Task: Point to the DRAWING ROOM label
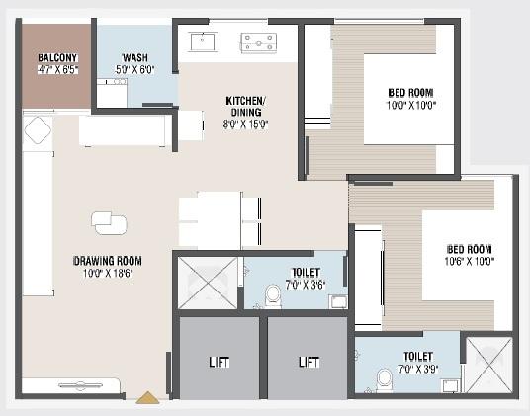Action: pos(108,261)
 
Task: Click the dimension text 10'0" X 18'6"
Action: pos(108,274)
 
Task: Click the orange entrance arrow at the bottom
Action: pos(147,397)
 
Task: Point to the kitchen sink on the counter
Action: pos(206,42)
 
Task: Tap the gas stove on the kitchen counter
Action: pos(258,42)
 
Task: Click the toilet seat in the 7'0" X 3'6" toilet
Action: pos(273,295)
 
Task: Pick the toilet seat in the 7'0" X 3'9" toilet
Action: pos(385,378)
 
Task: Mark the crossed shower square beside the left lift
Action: pos(207,282)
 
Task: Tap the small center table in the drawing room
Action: pos(108,224)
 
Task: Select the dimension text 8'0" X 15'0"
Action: pos(246,124)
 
